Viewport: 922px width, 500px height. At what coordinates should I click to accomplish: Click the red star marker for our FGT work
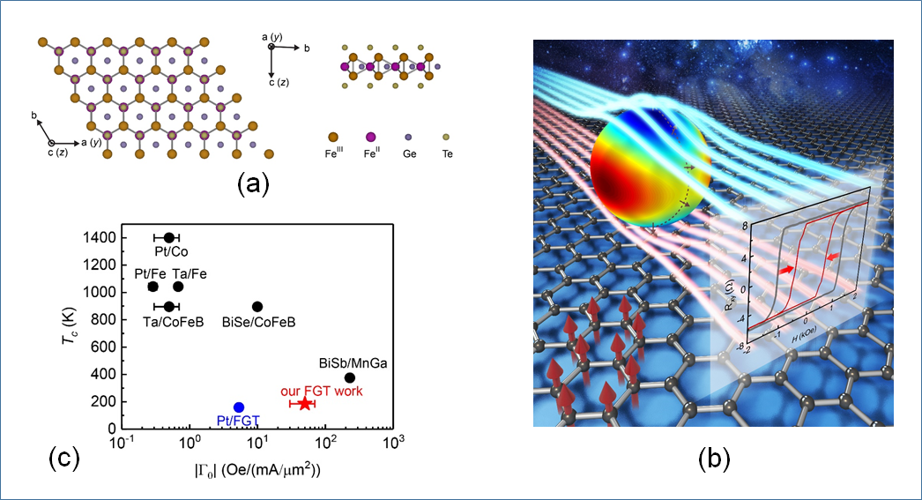pyautogui.click(x=304, y=403)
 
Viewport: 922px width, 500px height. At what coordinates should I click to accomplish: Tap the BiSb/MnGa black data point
pyautogui.click(x=350, y=377)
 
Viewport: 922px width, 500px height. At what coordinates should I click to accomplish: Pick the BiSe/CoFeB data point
pyautogui.click(x=257, y=307)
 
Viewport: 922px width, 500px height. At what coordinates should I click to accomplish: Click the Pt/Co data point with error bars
pyautogui.click(x=169, y=237)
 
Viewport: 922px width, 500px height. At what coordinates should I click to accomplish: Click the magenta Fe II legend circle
pyautogui.click(x=370, y=137)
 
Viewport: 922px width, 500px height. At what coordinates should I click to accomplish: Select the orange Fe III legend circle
pyautogui.click(x=333, y=137)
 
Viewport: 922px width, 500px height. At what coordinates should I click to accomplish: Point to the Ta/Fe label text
pyautogui.click(x=190, y=272)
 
